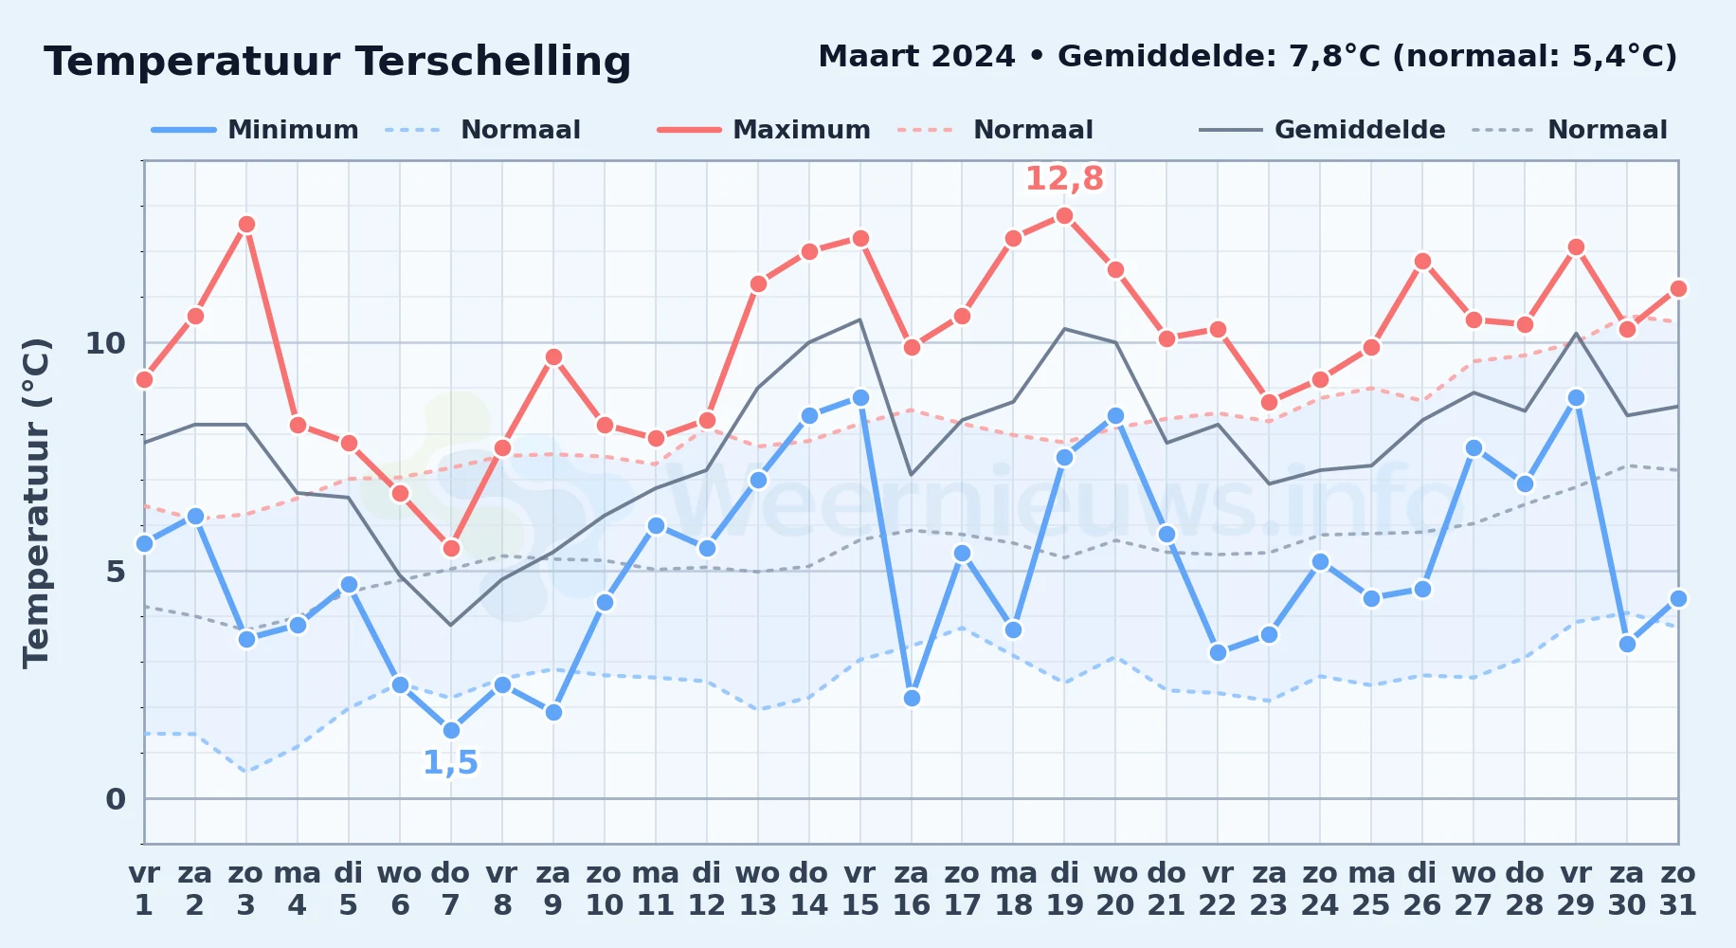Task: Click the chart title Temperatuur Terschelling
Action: [x=337, y=62]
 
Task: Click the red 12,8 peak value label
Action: [x=1064, y=178]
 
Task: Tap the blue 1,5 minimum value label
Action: [x=450, y=762]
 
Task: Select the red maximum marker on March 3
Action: [x=246, y=225]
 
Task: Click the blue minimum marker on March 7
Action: [x=451, y=730]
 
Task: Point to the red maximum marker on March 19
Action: [x=1064, y=215]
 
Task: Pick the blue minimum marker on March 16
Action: [x=912, y=698]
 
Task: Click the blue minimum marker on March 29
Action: [x=1576, y=397]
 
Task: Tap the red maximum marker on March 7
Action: [x=451, y=548]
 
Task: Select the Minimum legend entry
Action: [x=255, y=130]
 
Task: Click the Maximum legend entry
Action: [x=764, y=130]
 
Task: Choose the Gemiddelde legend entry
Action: [x=1323, y=130]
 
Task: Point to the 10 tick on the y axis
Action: [x=105, y=342]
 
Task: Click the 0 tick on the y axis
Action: [x=116, y=799]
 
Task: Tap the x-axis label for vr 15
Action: [x=860, y=888]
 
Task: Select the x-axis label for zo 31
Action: [x=1678, y=888]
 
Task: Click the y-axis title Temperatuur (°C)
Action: [x=36, y=502]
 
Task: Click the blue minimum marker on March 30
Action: [x=1627, y=644]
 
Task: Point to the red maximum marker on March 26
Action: [x=1422, y=261]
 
